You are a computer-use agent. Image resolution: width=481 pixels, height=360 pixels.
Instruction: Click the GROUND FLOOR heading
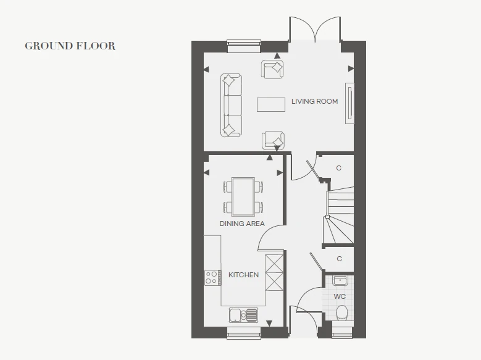pos(70,46)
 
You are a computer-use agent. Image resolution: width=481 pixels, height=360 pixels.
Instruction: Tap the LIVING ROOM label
pos(314,101)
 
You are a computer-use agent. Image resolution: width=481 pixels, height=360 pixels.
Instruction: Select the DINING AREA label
pos(242,224)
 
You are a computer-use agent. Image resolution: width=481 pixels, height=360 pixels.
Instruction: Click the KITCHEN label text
pos(243,275)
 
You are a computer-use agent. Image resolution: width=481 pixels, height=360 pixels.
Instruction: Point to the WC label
pos(340,296)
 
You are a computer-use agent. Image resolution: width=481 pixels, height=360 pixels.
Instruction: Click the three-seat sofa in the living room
pos(231,105)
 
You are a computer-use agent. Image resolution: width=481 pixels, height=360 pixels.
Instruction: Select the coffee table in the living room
pos(271,104)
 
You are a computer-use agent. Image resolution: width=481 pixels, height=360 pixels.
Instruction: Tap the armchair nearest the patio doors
pos(272,69)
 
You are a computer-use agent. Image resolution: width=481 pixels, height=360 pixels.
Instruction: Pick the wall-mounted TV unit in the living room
pos(349,103)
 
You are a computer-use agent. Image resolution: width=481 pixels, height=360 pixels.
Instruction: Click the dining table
pos(243,197)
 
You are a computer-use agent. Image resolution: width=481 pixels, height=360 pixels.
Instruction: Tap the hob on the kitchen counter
pos(212,278)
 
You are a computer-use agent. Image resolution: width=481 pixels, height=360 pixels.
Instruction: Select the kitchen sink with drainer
pos(243,315)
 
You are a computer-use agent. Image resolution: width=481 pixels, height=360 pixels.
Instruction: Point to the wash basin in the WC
pos(340,280)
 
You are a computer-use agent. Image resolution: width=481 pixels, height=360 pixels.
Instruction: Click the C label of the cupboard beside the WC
pos(339,259)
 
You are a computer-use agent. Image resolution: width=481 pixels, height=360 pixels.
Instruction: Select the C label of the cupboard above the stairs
pos(338,168)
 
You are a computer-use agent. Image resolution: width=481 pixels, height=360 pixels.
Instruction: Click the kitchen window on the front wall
pos(243,333)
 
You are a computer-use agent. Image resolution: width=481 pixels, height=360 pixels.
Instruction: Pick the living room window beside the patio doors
pos(244,47)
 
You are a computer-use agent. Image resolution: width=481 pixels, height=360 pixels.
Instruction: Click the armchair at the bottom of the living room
pos(273,140)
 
